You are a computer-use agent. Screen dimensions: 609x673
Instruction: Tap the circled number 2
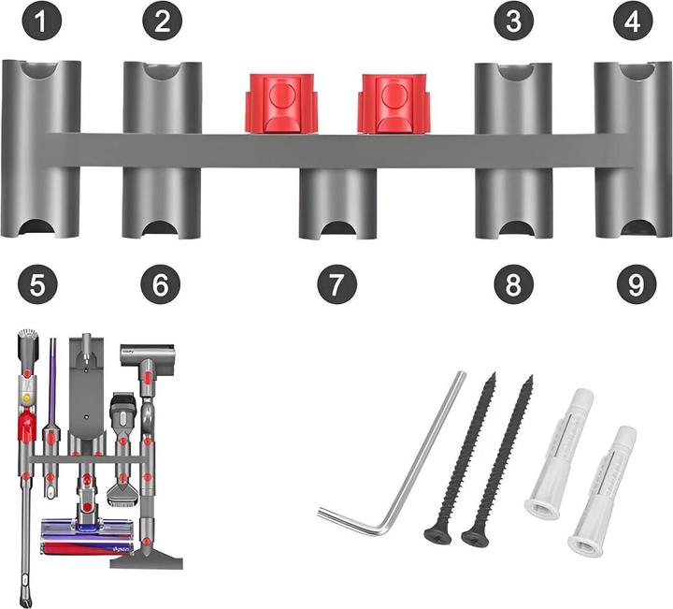(162, 22)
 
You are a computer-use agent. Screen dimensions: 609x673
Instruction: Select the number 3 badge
(512, 22)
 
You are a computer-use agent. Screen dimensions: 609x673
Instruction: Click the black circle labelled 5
(37, 284)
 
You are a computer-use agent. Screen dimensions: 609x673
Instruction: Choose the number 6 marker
(162, 284)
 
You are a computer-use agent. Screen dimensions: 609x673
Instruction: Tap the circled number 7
(336, 284)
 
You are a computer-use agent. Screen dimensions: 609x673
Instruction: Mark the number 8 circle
(512, 284)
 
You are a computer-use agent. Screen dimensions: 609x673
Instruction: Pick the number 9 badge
(636, 284)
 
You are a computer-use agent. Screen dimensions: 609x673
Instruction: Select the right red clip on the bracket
(392, 103)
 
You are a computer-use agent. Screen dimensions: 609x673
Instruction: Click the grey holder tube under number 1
(40, 150)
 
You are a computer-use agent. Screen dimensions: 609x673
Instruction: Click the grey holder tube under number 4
(633, 150)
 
